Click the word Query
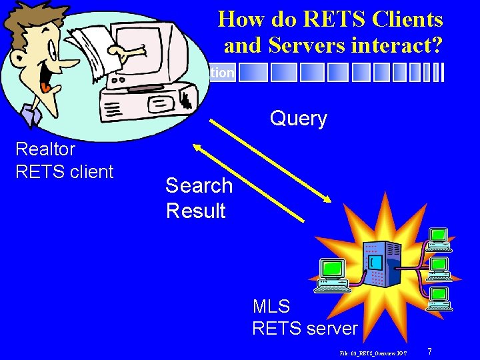tap(298, 119)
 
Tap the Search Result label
tap(199, 198)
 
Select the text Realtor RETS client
tap(64, 160)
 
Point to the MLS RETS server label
tap(305, 317)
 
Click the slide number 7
tap(430, 351)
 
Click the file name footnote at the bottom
tap(373, 351)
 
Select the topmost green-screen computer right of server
tap(438, 239)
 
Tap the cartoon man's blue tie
tap(31, 114)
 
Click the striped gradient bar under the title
tap(340, 73)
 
